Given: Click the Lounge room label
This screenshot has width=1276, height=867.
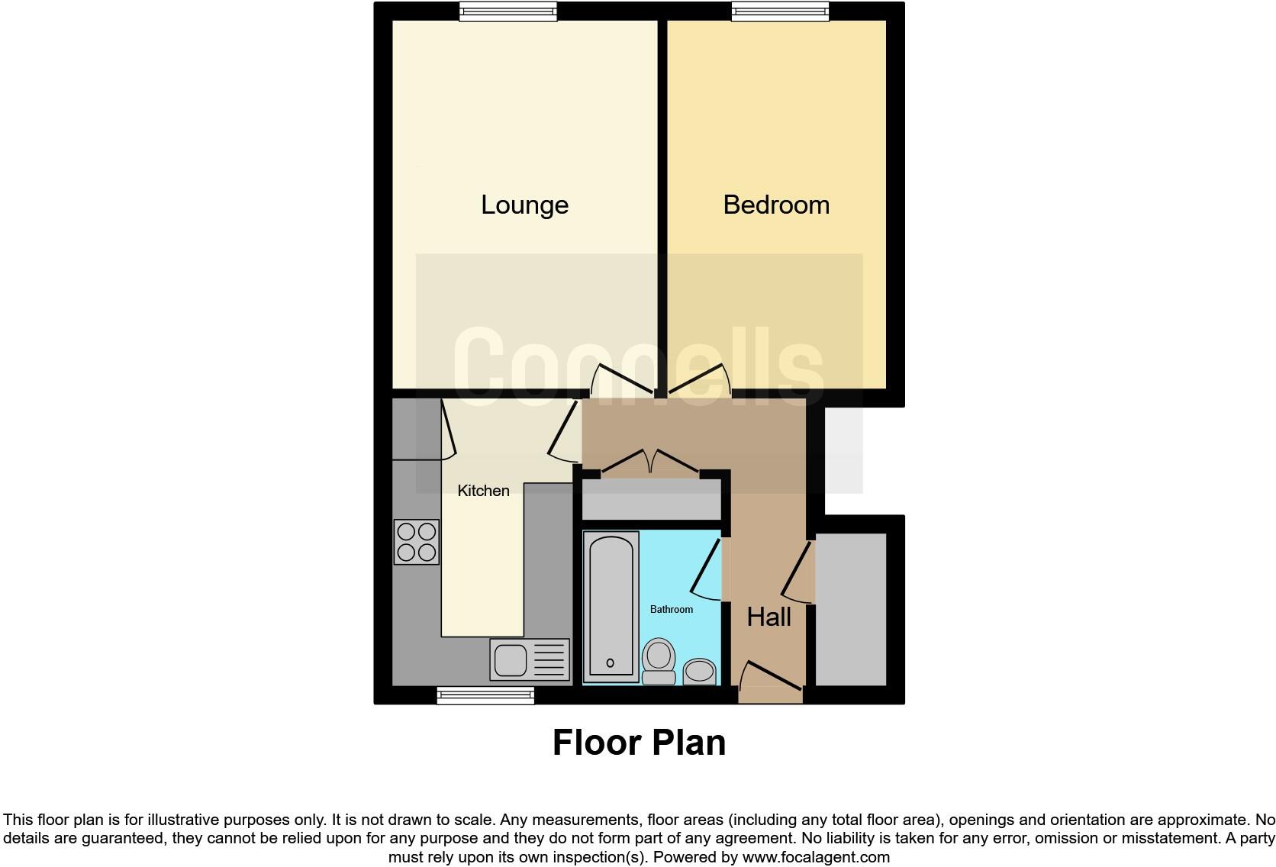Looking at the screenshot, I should pos(524,205).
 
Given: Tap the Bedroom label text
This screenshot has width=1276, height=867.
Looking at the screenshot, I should pos(776,205).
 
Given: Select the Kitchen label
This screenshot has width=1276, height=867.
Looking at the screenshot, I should pos(483,491).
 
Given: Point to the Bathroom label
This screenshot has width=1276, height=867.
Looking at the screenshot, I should pos(672,609).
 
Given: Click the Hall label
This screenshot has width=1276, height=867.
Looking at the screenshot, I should pos(768,617).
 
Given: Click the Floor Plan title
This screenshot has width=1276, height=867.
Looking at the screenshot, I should pos(639,743).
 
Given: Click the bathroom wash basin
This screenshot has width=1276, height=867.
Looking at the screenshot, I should pos(699,671).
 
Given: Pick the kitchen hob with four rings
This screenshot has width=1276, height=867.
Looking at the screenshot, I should pos(417,542).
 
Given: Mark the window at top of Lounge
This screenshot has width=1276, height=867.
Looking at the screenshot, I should pos(508,11).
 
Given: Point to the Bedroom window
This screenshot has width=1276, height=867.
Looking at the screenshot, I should pos(780,11).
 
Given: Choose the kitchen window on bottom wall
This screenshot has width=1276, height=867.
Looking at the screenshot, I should pos(485,695).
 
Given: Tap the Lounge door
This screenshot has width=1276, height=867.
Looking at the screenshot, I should pos(622,379).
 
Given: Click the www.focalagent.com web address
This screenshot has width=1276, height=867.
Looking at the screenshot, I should pos(816,857).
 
